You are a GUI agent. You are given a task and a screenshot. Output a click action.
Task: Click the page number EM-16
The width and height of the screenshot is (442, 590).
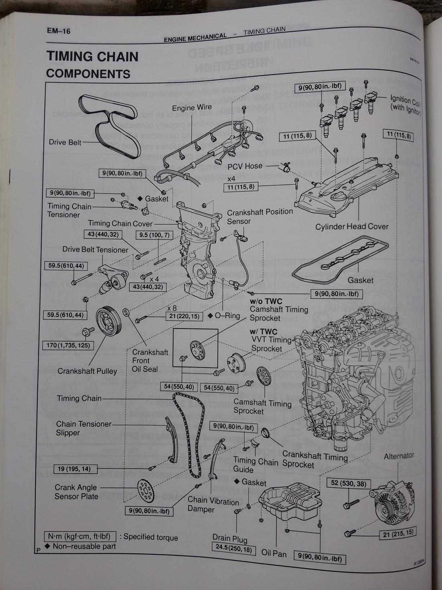[58, 31]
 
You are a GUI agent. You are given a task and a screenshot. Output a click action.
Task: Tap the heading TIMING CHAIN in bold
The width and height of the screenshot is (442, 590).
[92, 56]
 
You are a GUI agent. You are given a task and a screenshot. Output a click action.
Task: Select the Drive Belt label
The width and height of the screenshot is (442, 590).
[65, 142]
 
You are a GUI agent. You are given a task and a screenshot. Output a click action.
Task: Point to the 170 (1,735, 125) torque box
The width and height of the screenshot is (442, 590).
[68, 345]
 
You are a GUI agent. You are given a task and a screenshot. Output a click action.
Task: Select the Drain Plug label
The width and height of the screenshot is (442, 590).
[230, 538]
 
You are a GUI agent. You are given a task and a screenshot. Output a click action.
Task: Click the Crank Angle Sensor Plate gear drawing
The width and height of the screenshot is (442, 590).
[145, 491]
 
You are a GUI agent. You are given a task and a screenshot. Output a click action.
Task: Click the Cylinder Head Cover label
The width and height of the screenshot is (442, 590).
[352, 227]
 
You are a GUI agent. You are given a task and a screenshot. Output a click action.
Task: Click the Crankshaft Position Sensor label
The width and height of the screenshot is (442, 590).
[260, 216]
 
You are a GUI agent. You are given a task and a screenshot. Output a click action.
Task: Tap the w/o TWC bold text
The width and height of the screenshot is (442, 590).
[266, 301]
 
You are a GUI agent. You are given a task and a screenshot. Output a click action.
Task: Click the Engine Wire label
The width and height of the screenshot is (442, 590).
[192, 108]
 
